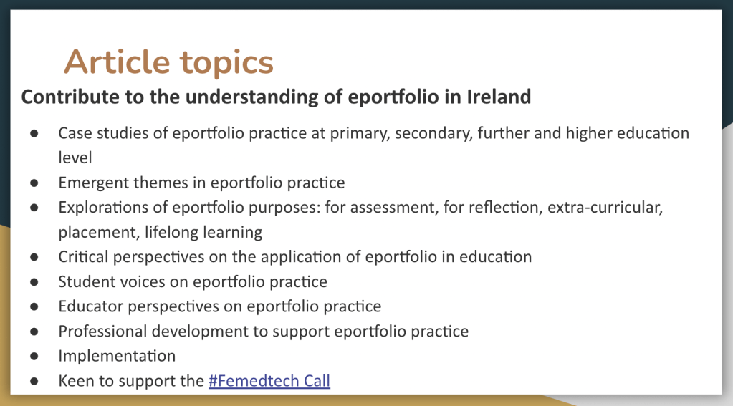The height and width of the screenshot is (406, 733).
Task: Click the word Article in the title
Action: [x=117, y=62]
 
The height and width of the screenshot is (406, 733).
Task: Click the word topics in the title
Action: [x=226, y=64]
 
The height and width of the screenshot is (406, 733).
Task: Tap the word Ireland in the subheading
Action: [x=499, y=97]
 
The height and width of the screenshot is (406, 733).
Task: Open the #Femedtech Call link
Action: [x=269, y=381]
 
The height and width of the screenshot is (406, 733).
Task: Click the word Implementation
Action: [x=117, y=356]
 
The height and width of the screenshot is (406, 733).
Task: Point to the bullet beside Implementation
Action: [x=34, y=357]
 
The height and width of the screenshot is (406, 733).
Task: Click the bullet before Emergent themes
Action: [x=34, y=183]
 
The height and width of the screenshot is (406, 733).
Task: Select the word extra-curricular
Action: [x=605, y=207]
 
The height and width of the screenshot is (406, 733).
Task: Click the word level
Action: [x=75, y=158]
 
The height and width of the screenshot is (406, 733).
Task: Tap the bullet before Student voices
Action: [x=34, y=282]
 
